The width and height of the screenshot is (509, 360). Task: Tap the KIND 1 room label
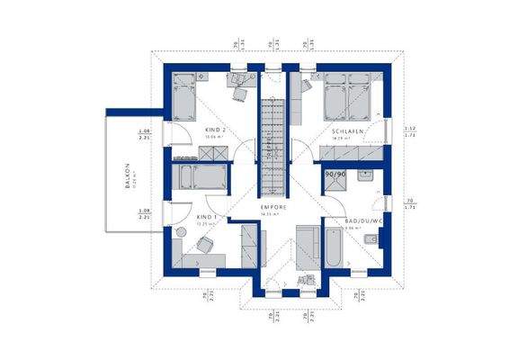coord(207,217)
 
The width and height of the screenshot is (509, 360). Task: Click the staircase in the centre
coord(272,135)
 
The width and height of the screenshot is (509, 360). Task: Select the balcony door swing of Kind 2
coord(178,135)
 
